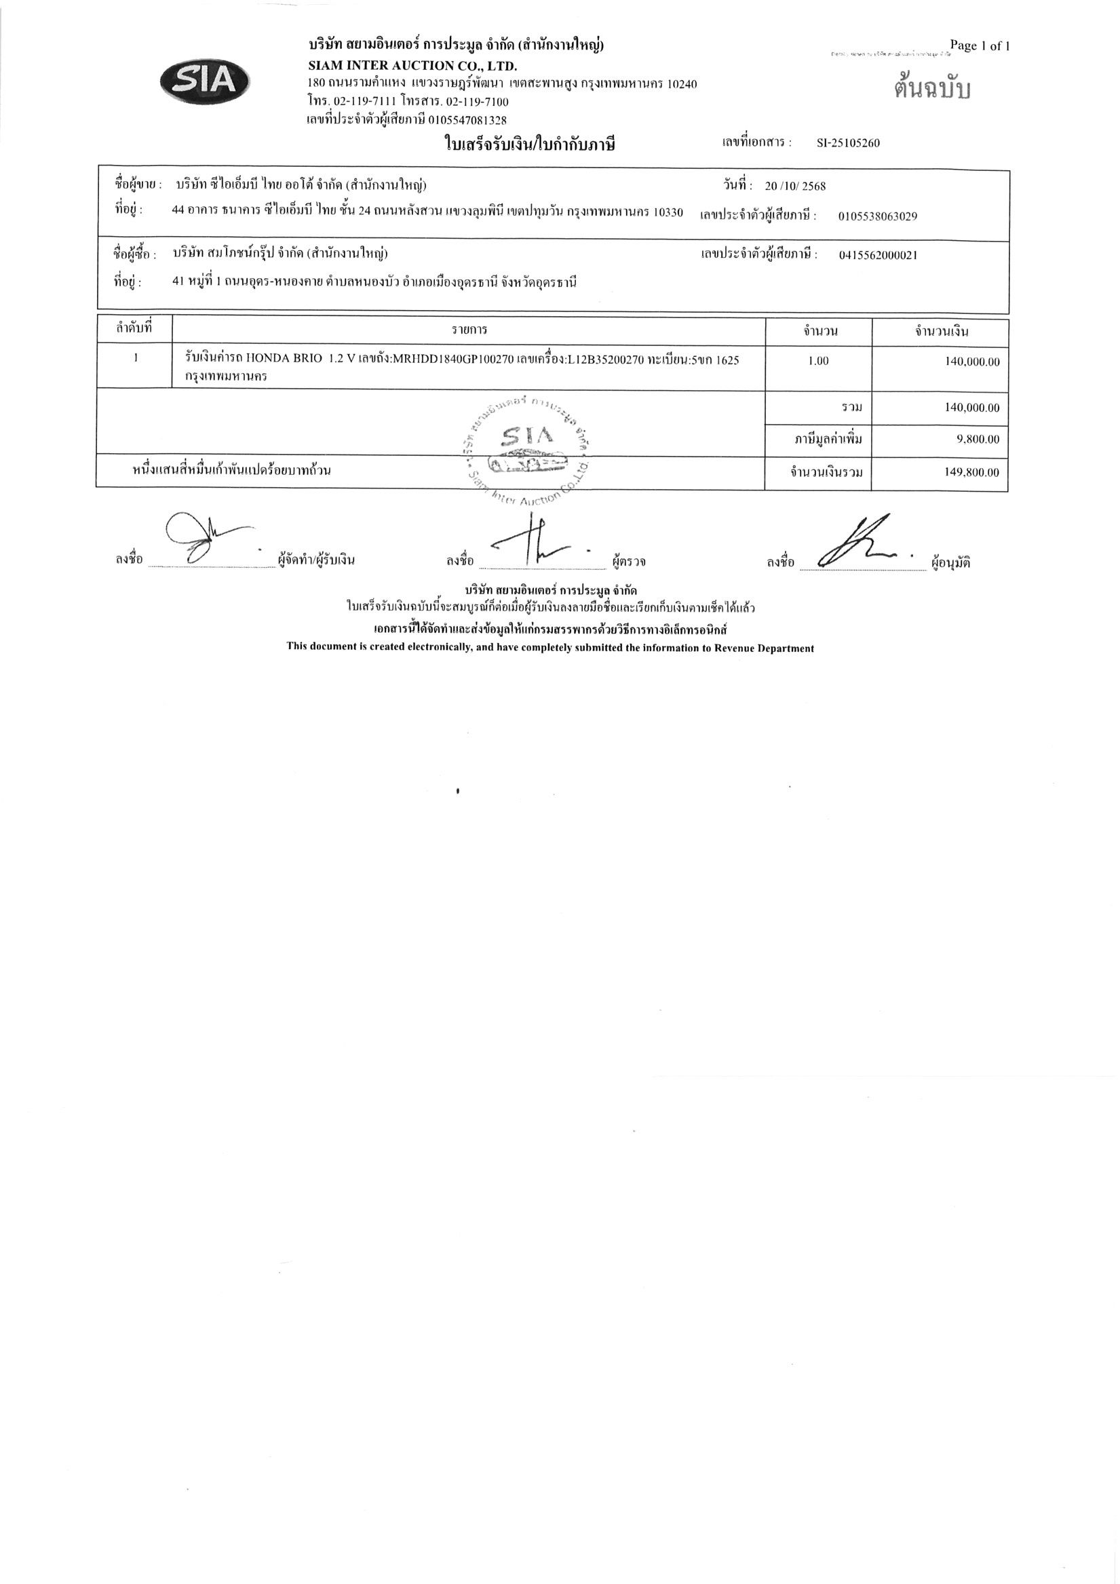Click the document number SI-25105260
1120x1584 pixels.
848,144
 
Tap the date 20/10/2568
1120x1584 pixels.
795,187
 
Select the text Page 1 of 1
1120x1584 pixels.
979,46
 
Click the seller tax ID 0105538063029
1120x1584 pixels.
878,216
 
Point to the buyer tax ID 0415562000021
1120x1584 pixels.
878,255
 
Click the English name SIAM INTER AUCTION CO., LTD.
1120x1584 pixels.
412,66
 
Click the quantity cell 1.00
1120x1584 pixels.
817,361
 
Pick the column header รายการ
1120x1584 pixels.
469,330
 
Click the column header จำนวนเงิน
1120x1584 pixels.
942,332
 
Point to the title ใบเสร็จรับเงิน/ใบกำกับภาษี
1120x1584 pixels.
528,145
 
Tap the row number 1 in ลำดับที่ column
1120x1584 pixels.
136,358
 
